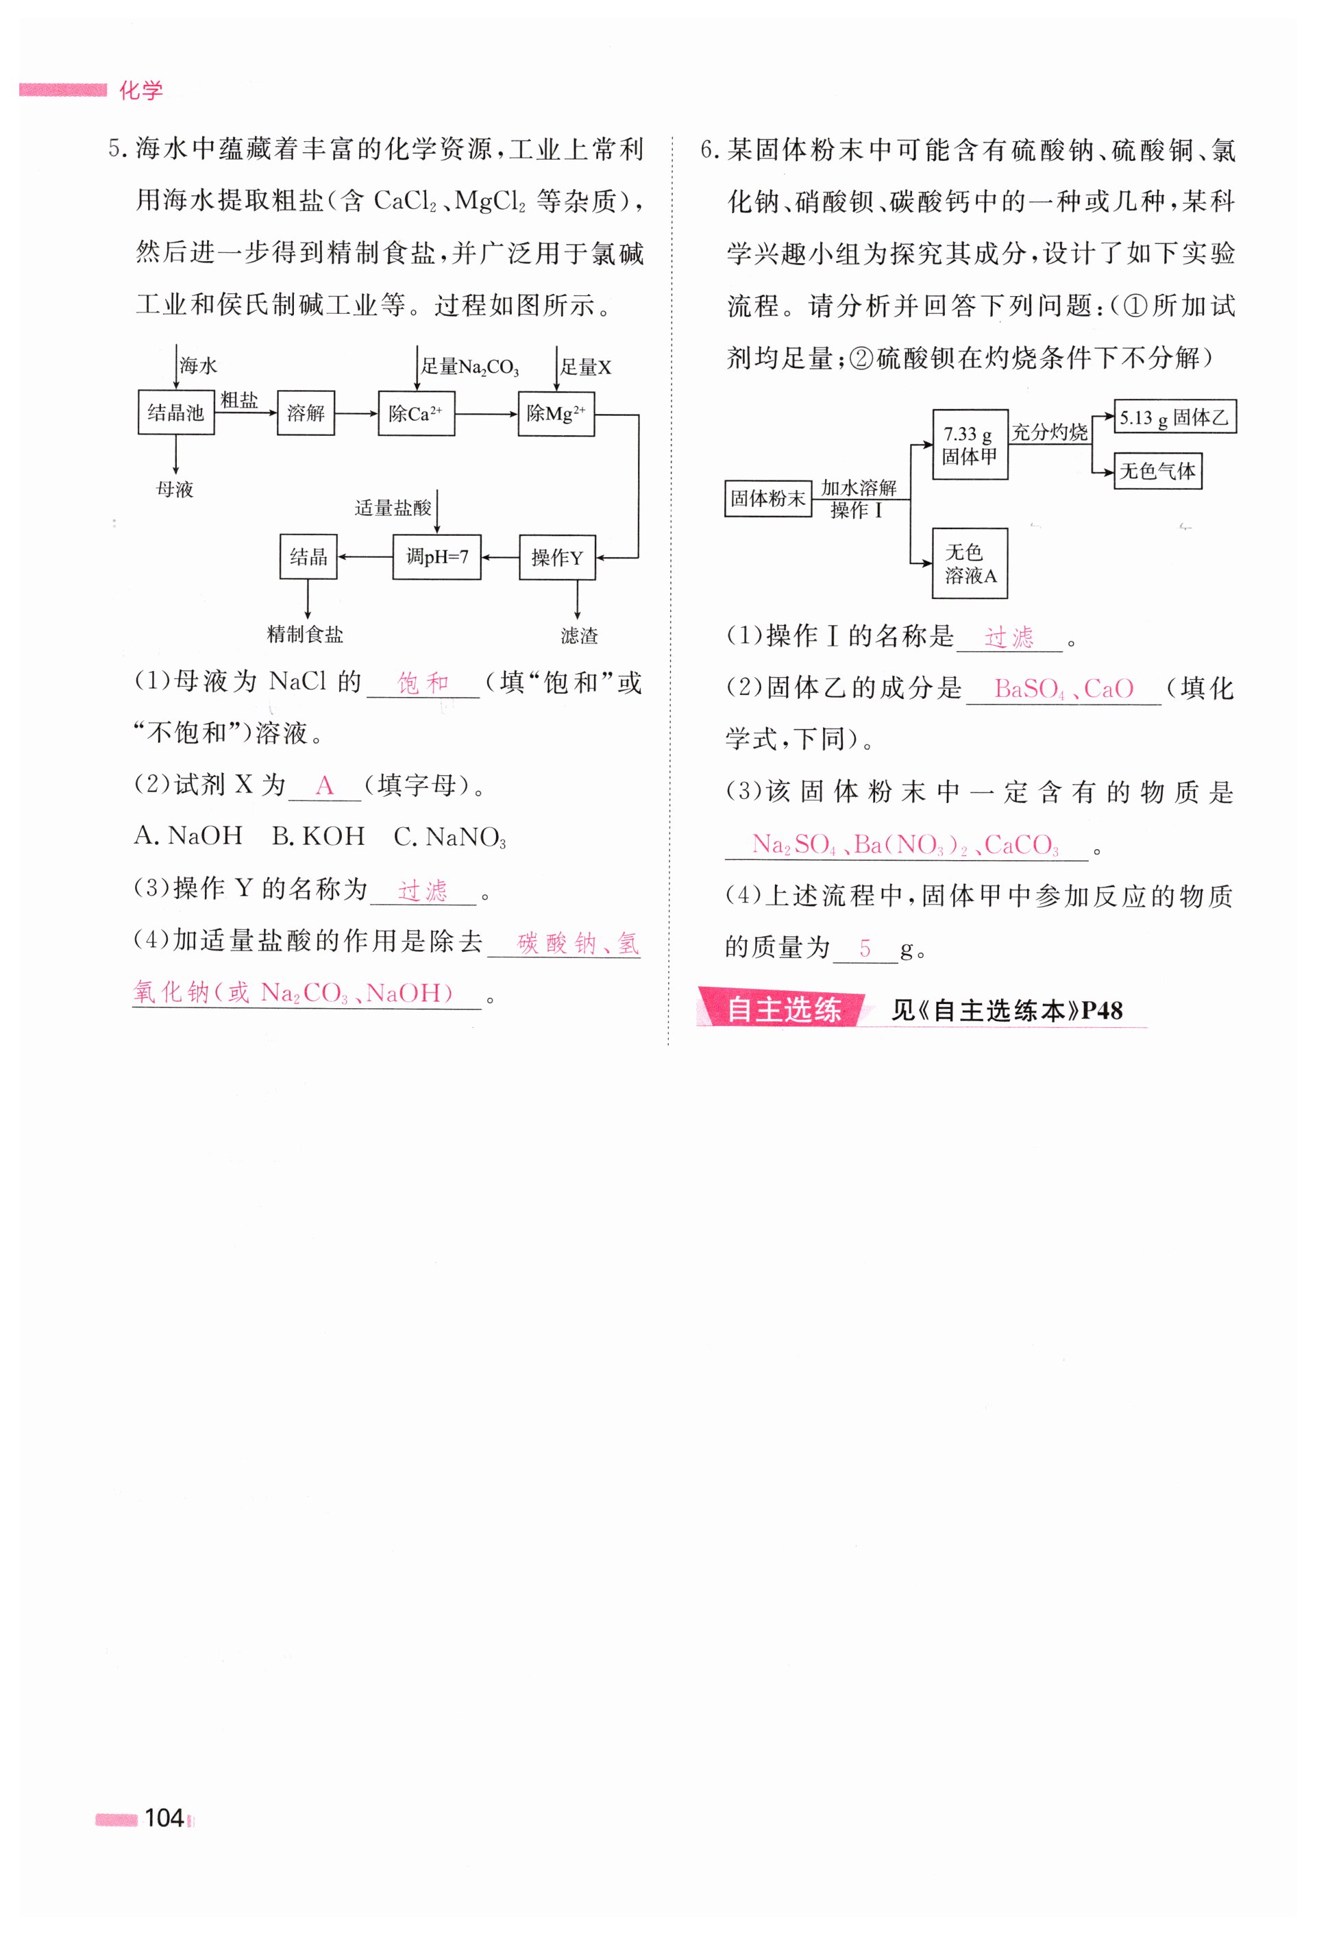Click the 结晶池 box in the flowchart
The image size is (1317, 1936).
point(176,413)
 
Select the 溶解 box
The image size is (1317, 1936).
point(306,413)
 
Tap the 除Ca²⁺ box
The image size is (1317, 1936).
point(416,413)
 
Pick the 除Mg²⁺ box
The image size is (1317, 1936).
point(556,413)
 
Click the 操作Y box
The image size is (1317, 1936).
point(556,557)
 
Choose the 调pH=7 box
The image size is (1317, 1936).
point(436,556)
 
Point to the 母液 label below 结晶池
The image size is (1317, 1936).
point(175,489)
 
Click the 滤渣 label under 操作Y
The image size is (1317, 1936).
point(579,635)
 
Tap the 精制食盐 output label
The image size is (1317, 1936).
point(305,634)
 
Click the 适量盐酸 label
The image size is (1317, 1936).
point(393,507)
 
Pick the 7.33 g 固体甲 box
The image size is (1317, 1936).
point(970,445)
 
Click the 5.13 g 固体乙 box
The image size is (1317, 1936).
point(1174,417)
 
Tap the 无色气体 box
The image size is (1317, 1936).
point(1157,471)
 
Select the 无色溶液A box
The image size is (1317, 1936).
point(970,563)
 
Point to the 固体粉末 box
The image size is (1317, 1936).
point(767,498)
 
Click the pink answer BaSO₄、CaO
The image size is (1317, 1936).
point(1063,689)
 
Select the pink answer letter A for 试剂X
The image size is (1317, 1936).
point(324,785)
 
